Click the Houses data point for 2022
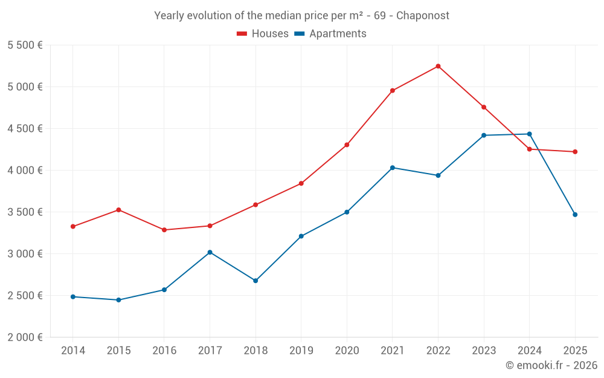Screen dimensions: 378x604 tap(438, 66)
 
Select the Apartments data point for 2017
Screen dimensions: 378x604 tap(210, 252)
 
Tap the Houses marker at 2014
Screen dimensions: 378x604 tap(73, 227)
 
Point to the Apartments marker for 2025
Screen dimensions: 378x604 tap(575, 215)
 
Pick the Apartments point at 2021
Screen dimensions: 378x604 tap(393, 168)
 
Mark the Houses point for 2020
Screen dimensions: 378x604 tap(347, 145)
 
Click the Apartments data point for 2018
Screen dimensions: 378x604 tap(255, 281)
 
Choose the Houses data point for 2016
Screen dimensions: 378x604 tap(164, 230)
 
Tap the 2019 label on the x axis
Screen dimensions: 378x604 tap(301, 351)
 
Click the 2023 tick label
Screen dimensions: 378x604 tap(484, 351)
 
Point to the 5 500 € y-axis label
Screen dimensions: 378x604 tap(25, 45)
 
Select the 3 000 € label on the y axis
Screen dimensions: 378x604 tap(25, 254)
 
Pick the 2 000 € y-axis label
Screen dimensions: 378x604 tap(25, 337)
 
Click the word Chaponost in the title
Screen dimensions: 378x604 tap(423, 16)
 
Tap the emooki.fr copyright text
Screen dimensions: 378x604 tap(551, 365)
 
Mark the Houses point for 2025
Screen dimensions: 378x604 tap(575, 152)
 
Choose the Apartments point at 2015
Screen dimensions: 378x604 tap(118, 300)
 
